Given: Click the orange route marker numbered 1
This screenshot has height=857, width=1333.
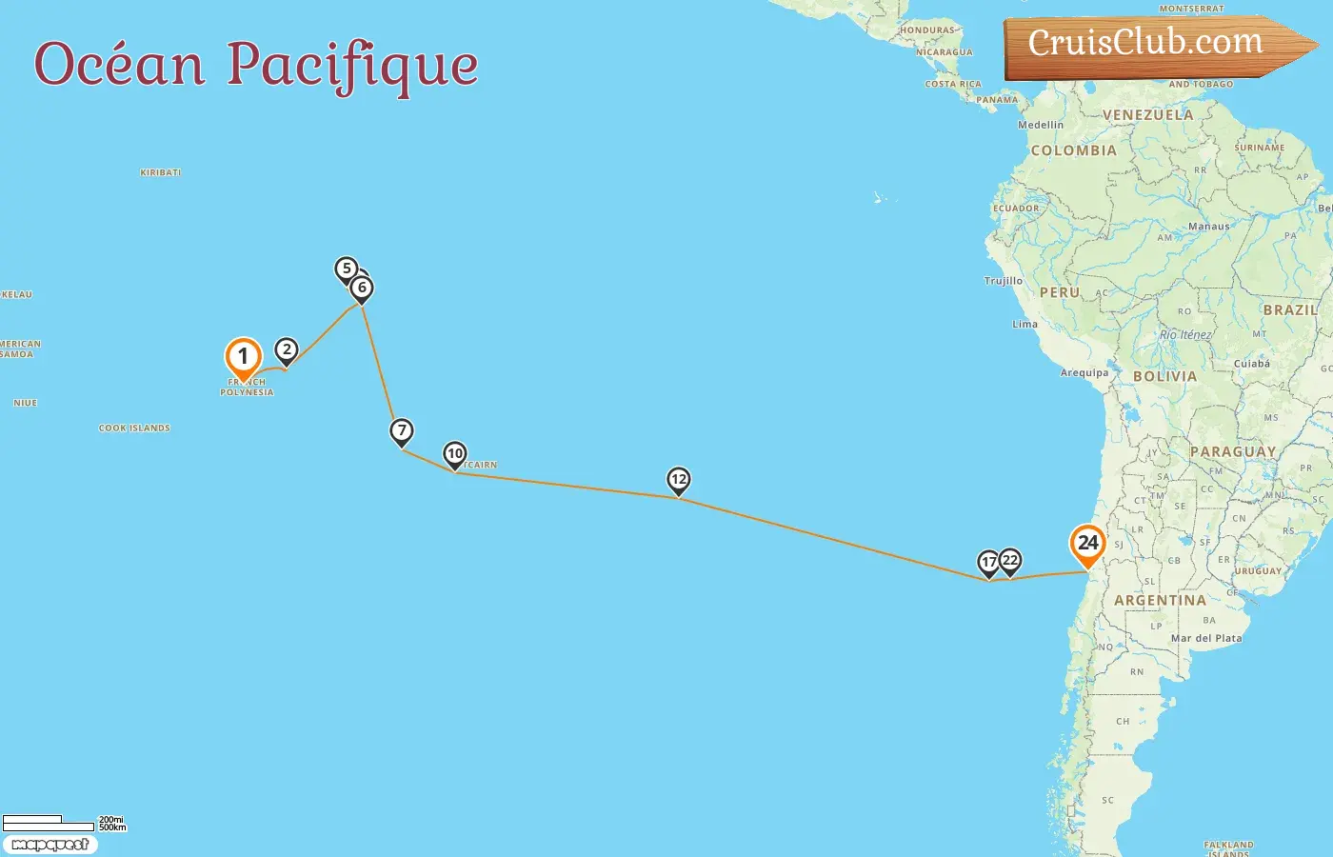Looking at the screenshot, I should coord(243,358).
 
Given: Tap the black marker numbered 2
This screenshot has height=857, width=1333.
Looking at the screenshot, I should coord(286,350).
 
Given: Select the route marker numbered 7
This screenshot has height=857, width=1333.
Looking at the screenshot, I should coord(402,431).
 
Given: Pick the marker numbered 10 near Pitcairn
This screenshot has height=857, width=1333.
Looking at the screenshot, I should coord(455,454).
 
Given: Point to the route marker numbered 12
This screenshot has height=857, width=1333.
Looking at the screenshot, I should coord(678,480).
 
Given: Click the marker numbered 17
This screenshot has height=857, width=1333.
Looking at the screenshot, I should coord(988,563).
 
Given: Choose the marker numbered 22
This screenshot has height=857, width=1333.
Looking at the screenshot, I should coord(1011,561).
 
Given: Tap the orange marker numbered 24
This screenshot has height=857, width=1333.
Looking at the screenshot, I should coord(1087,545).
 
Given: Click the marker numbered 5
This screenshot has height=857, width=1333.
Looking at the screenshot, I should coord(346,269).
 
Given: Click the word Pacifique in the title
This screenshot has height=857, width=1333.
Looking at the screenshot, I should coord(352,65).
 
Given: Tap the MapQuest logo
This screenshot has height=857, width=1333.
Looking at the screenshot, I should coord(50,845).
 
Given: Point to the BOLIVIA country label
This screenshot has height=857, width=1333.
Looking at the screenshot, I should coord(1164,377).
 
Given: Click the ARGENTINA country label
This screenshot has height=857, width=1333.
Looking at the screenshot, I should coord(1160,601).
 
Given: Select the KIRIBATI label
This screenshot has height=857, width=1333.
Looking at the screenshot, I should coord(160,173).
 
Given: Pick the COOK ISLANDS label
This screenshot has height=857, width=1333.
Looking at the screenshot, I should coord(134,428).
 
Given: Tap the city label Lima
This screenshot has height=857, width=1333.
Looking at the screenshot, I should coord(1025,325).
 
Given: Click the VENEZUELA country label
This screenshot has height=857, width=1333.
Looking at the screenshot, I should coord(1147,115).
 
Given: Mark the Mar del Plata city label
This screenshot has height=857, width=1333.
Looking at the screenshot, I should coord(1206,639).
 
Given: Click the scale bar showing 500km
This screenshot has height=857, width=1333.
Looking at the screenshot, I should coord(48,824).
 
